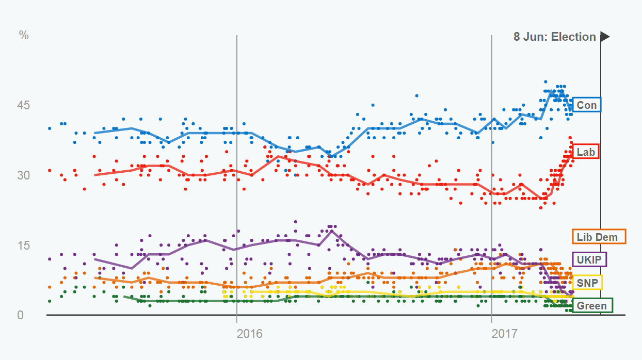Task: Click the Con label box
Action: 586,105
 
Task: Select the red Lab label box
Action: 586,152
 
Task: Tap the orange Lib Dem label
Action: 599,237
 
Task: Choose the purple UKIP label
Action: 589,259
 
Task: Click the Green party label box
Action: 591,305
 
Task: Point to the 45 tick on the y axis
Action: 24,105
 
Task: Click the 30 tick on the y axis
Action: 24,175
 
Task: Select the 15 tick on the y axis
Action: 24,245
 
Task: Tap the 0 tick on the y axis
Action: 21,315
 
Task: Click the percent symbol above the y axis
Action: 24,36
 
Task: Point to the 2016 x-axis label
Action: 249,334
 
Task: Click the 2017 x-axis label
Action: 505,334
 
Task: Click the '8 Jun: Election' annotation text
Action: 554,37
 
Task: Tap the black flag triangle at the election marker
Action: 605,37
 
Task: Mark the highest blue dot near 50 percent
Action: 545,81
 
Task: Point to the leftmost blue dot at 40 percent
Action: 50,128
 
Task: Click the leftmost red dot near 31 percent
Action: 50,170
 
